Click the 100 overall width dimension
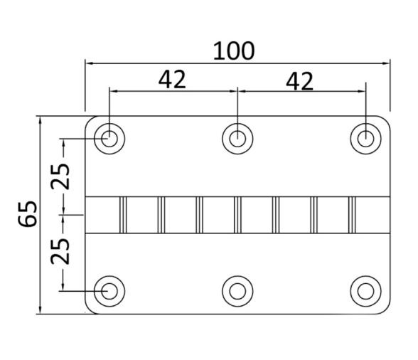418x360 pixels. (x=234, y=51)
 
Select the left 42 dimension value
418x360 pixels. (x=171, y=80)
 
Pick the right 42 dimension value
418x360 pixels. (x=299, y=81)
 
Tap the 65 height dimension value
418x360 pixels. (x=28, y=213)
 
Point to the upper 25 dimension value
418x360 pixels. (x=61, y=174)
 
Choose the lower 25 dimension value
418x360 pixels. (x=61, y=251)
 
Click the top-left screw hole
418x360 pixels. (x=109, y=137)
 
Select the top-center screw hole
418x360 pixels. (x=237, y=137)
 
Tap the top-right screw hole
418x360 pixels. (x=365, y=137)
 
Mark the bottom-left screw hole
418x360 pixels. (x=109, y=290)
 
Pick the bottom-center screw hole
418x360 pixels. (x=237, y=290)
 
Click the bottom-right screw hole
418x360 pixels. (x=365, y=290)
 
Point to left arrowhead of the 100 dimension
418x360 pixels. (x=90, y=63)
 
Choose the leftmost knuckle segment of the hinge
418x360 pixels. (x=102, y=214)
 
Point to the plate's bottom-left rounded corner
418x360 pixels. (x=90, y=309)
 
